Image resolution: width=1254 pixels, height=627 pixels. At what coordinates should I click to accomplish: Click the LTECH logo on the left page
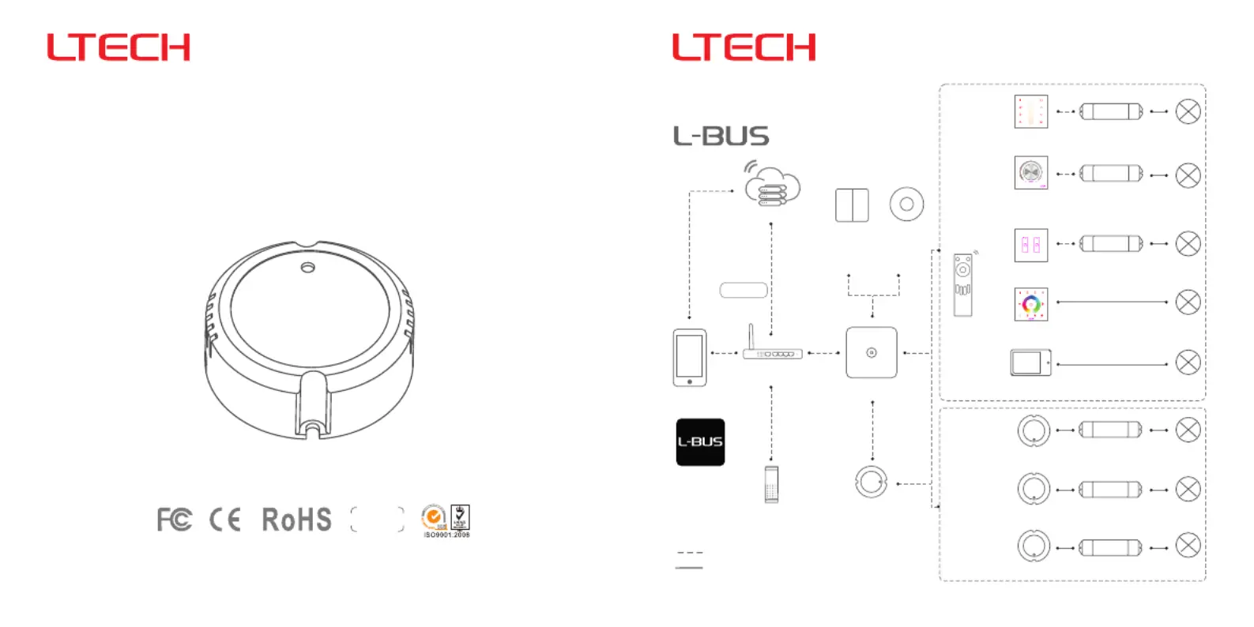119,47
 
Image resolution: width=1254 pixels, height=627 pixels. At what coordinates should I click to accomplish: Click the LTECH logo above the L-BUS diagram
744,47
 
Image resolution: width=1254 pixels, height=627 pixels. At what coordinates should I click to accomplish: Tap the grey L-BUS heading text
721,136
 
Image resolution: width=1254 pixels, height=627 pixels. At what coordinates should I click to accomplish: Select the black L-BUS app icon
700,442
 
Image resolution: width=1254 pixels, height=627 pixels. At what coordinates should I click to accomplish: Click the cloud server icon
772,186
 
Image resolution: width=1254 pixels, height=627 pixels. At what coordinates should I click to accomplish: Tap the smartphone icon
690,357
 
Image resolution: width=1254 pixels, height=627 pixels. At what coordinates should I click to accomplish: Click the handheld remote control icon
962,284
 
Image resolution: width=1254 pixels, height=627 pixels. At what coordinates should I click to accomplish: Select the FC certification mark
174,520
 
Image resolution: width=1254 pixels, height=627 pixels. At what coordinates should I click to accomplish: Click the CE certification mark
225,520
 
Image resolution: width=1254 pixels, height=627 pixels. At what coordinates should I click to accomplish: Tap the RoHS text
296,520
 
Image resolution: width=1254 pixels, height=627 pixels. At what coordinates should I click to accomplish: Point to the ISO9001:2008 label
446,535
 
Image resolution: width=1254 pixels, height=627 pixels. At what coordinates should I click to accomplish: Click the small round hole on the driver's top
307,268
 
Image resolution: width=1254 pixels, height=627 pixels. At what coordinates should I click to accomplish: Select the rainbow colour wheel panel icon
1031,304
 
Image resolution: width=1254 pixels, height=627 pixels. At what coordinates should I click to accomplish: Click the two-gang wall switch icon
852,205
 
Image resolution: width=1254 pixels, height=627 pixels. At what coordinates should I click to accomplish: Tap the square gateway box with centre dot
872,353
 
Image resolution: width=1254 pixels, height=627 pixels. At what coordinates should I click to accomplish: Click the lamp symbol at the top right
1188,111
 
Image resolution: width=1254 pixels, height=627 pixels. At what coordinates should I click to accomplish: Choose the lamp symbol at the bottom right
1188,546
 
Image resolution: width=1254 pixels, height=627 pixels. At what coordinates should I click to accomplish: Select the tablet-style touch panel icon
1030,362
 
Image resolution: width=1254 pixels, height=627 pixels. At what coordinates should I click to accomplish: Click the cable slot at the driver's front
314,407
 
